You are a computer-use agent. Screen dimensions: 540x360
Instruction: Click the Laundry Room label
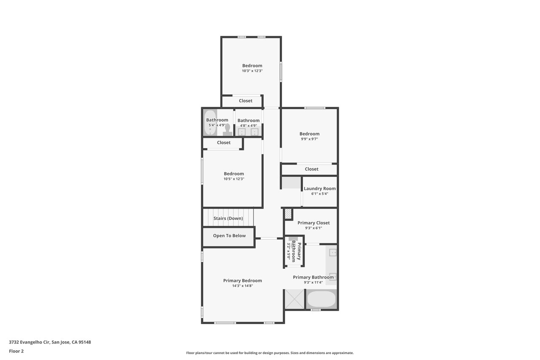coord(320,189)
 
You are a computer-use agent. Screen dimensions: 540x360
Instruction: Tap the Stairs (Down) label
coord(228,218)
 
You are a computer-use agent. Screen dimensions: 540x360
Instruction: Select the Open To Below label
coord(229,235)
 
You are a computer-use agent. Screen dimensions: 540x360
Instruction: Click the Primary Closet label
coord(313,223)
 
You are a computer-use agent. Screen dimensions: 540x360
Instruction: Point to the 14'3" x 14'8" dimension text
coord(243,286)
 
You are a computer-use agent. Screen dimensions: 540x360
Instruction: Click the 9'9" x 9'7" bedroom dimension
coord(309,139)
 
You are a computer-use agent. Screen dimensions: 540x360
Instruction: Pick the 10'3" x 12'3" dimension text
coord(252,71)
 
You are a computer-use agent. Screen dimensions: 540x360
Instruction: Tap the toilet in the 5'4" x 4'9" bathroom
coord(227,130)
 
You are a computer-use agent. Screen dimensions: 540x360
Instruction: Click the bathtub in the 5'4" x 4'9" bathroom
coord(210,123)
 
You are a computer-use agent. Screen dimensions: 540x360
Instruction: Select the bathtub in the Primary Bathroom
coord(321,299)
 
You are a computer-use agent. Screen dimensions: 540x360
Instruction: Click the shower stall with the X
coord(294,299)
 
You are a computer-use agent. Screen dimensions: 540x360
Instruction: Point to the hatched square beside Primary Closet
coord(288,214)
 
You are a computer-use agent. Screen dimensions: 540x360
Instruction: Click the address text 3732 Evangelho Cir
coord(29,342)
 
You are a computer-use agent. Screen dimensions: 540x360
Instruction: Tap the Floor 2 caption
coord(16,351)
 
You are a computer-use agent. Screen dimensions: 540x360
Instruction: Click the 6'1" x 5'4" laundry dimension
coord(320,194)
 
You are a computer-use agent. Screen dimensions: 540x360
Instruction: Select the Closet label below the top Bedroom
coord(246,101)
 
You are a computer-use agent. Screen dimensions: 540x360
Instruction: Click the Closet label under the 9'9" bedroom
coord(311,169)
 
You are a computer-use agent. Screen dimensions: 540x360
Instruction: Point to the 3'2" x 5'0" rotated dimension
coord(289,251)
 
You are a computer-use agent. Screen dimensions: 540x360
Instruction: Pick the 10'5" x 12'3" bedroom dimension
coord(234,179)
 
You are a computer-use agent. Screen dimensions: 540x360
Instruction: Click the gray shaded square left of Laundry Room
coord(292,183)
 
